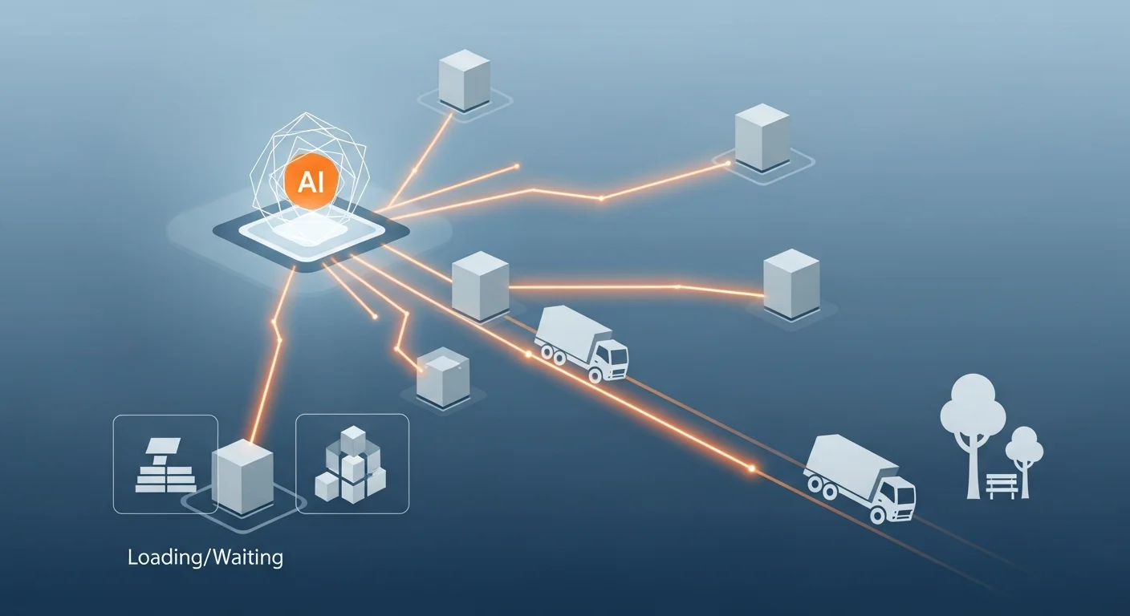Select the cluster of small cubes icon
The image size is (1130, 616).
pos(352,466)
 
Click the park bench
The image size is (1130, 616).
pos(1001,484)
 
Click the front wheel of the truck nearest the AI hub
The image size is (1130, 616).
pos(595,374)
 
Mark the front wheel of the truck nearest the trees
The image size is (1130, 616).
pos(878,513)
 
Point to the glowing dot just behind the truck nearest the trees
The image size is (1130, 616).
pos(752,468)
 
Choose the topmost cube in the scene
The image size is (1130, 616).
pos(465,80)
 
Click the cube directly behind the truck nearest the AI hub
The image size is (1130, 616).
pos(481,286)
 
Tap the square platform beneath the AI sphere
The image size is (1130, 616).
pos(311,234)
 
